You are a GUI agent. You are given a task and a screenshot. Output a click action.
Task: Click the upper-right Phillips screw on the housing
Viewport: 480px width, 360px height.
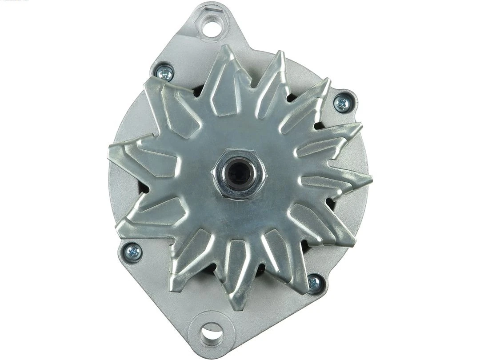[x=342, y=103]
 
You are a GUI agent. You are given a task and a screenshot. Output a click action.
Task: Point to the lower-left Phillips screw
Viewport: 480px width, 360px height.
[x=133, y=252]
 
